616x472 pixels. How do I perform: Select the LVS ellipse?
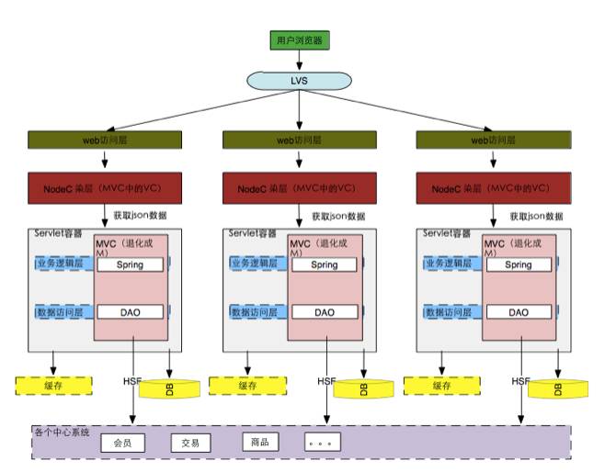coord(300,81)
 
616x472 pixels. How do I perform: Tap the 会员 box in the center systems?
coord(122,443)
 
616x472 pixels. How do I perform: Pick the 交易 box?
coord(190,443)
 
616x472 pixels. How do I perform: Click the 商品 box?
coord(259,442)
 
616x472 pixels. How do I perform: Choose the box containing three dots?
coord(323,443)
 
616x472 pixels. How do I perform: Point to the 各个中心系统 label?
coord(62,431)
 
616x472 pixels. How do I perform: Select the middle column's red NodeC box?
coord(300,187)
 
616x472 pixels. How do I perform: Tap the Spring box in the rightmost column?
coord(518,264)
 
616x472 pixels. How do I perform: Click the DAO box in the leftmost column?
coord(131,312)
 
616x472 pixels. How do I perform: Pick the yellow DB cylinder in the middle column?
coord(363,387)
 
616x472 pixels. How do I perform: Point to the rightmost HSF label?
coord(520,380)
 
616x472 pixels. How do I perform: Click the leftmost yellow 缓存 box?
coord(54,386)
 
